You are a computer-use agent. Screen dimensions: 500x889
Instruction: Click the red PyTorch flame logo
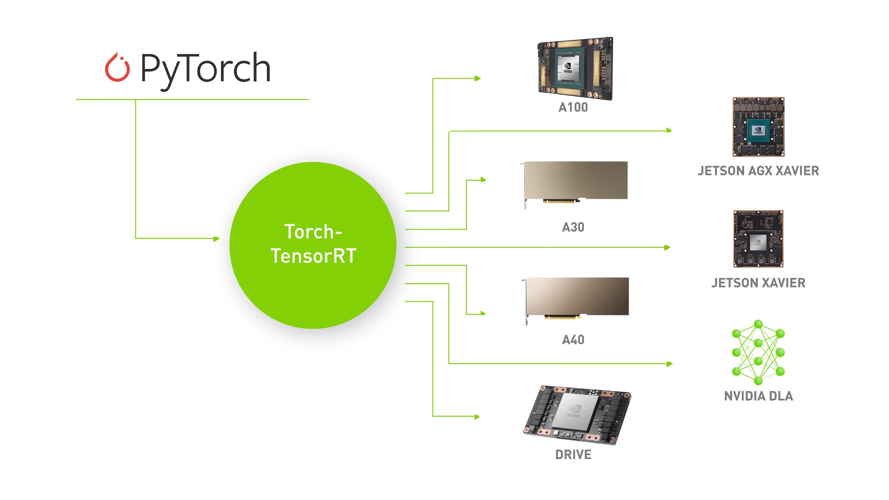[x=117, y=68]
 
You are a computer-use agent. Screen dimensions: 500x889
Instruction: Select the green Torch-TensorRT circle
[x=313, y=245]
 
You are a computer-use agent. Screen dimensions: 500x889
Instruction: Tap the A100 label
[x=573, y=107]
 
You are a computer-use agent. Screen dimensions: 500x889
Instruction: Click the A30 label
[x=573, y=227]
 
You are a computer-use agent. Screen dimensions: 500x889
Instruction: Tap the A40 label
[x=573, y=340]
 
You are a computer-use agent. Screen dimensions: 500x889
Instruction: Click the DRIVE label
[x=573, y=454]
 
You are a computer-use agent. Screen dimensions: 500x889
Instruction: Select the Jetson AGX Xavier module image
[x=758, y=127]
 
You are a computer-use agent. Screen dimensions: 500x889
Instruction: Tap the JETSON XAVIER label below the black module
[x=758, y=283]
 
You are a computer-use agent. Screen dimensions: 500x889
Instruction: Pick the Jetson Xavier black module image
[x=758, y=239]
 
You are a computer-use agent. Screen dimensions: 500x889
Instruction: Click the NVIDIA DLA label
[x=758, y=396]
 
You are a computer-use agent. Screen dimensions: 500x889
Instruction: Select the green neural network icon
[x=758, y=352]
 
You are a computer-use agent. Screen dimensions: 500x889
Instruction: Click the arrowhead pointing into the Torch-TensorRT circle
[x=216, y=238]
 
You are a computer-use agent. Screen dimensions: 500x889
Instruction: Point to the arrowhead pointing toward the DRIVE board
[x=477, y=417]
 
